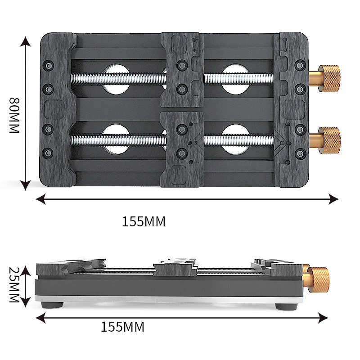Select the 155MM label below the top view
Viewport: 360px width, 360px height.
[144, 221]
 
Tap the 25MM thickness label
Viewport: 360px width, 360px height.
[14, 284]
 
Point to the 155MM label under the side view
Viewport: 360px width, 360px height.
[122, 327]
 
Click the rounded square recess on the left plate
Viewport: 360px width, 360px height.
[54, 108]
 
